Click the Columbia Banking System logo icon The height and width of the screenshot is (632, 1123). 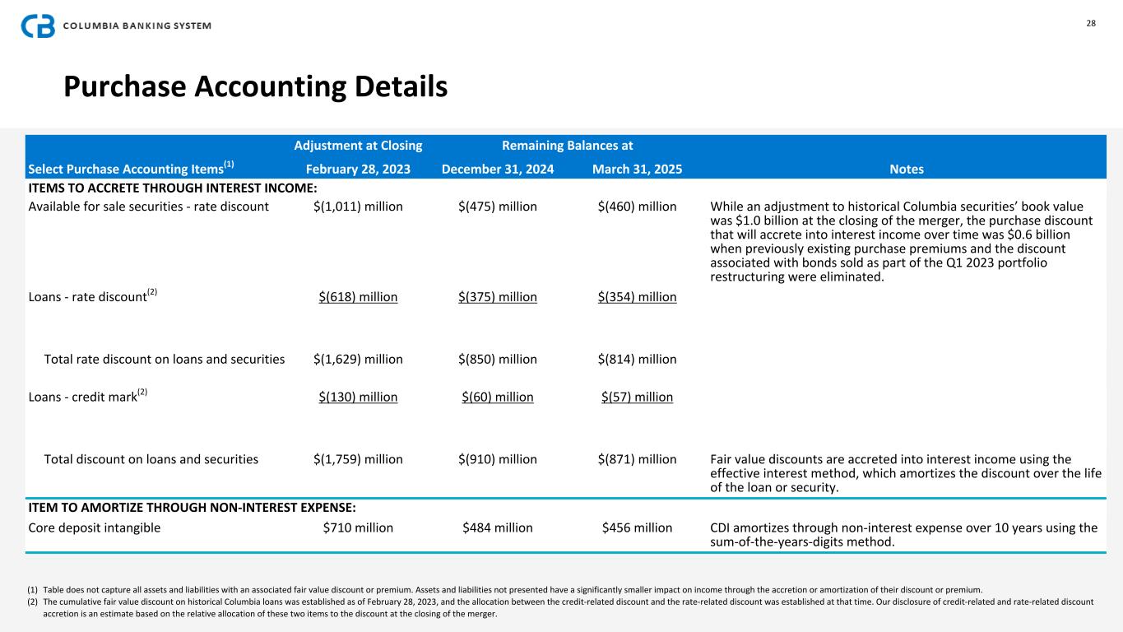point(38,26)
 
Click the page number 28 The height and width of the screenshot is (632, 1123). point(1091,23)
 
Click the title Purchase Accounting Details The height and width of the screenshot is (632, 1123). point(256,86)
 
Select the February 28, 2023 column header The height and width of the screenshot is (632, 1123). point(358,170)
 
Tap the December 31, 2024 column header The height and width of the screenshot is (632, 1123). point(498,170)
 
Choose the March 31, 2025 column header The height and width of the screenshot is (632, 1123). point(637,170)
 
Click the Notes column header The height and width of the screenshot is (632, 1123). point(907,170)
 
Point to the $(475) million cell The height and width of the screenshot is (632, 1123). point(498,207)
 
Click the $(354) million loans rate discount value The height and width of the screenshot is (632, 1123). point(637,297)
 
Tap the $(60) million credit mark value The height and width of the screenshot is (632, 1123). point(498,397)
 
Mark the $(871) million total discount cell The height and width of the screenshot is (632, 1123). point(637,459)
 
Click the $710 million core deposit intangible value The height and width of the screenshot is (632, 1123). point(358,527)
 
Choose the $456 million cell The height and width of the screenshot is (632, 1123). point(637,527)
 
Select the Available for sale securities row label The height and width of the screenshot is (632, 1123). point(149,207)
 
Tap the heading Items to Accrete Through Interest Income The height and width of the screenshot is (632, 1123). point(173,188)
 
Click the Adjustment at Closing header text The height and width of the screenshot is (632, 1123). point(358,146)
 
